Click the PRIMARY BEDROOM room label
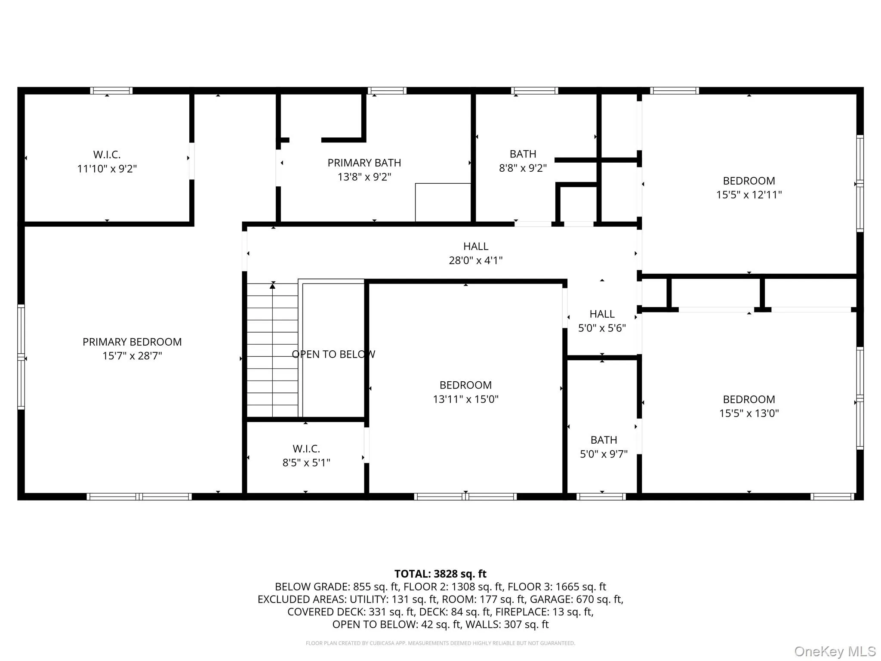132,342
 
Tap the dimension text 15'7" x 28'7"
132,356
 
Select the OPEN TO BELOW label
333,354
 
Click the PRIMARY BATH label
364,163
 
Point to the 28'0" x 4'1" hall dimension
475,260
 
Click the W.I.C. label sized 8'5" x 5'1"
306,449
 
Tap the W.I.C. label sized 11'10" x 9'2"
107,154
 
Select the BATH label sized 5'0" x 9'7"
604,440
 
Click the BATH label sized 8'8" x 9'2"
523,154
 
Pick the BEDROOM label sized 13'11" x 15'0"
465,385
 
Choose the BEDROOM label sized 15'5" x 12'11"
749,181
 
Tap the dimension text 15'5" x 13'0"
749,413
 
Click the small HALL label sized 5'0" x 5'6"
602,314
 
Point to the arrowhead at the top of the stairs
272,286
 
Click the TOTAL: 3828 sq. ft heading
440,574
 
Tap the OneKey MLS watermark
835,651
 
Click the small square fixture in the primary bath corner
443,202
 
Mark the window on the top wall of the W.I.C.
111,90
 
